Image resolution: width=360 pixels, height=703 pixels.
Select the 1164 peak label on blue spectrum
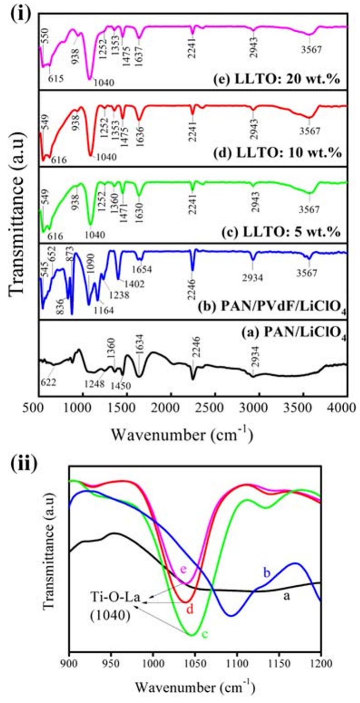tap(104, 311)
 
